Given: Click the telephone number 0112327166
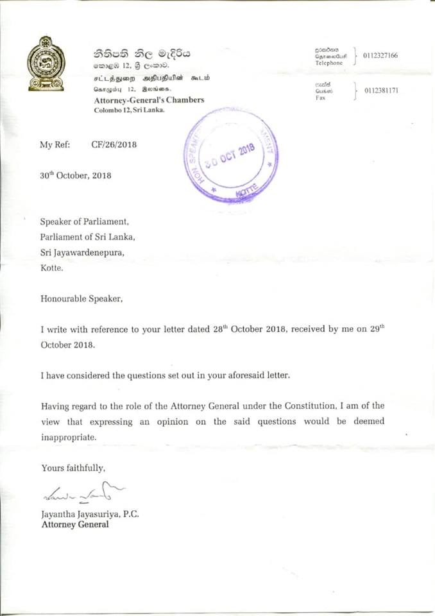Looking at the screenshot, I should [380, 56].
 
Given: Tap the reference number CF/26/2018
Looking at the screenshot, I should [114, 145].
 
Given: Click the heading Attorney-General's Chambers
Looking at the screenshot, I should [149, 100].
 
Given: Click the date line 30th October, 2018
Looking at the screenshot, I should [76, 175].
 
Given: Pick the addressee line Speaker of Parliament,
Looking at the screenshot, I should [85, 222].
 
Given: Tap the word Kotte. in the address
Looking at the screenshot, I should [52, 269].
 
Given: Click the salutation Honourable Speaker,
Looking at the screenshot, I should [80, 298].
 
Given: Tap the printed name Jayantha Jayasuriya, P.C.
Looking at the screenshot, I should [90, 514].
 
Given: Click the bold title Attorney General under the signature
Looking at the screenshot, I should [74, 524].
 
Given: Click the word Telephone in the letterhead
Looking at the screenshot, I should [329, 64].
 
